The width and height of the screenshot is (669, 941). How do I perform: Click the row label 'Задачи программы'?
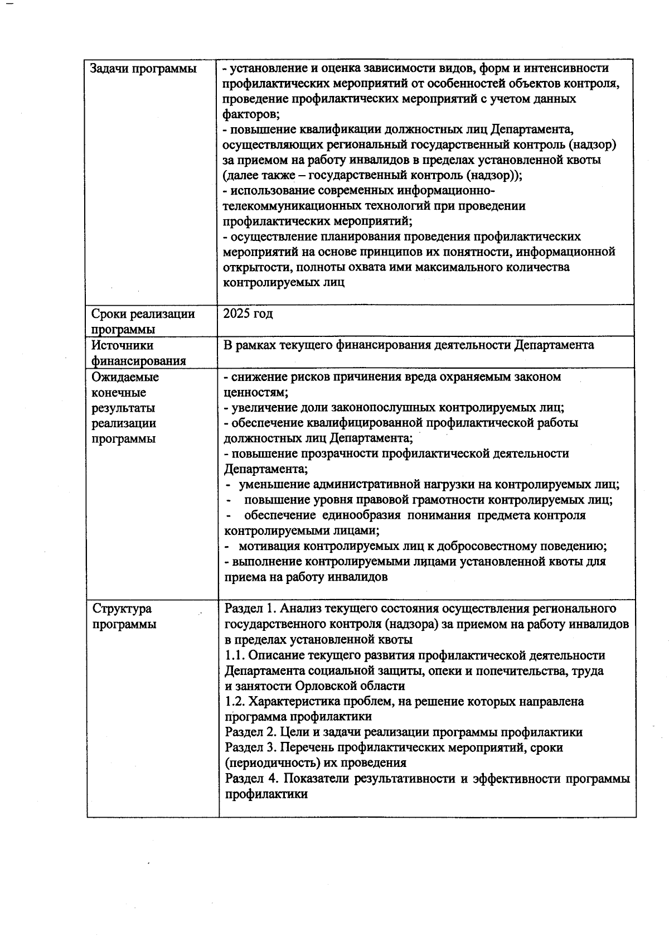(x=143, y=69)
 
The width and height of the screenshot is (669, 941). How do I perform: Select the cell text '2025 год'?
(x=248, y=313)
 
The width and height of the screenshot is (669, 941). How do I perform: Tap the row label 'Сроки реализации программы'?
(x=143, y=321)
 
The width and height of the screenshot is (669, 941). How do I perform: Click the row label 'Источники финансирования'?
(x=138, y=353)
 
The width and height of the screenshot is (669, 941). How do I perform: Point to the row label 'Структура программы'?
(x=124, y=616)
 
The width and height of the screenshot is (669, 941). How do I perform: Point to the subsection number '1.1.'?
(x=235, y=655)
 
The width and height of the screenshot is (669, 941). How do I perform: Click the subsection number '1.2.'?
(x=235, y=701)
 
